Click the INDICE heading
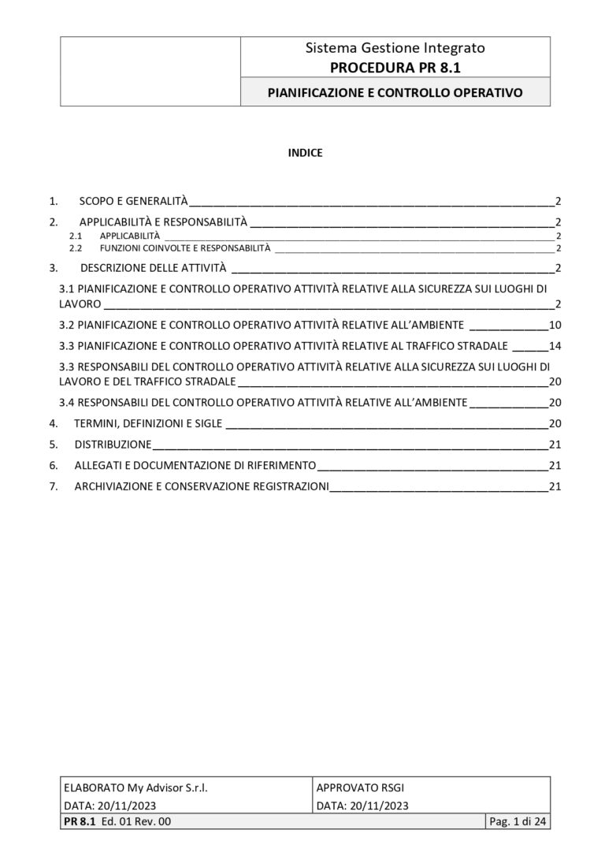tap(304, 153)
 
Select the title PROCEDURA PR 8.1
tap(395, 66)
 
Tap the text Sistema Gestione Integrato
tap(395, 48)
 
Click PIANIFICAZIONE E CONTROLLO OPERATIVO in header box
tap(395, 92)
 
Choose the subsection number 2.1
tap(76, 236)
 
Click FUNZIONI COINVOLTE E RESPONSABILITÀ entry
tap(184, 248)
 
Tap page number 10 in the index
tap(554, 325)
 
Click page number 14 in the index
tap(554, 345)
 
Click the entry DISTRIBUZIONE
tap(113, 444)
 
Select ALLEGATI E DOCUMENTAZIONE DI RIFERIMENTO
tap(195, 465)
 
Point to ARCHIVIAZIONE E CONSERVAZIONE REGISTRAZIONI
tap(201, 486)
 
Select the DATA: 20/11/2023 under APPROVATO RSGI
tap(362, 806)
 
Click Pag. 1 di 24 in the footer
tap(518, 822)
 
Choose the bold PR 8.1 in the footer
tap(78, 822)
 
